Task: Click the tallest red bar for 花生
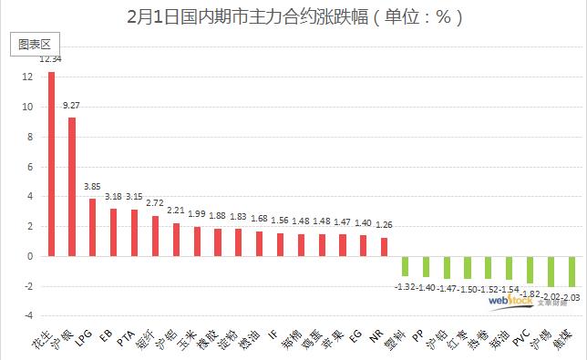pyautogui.click(x=51, y=164)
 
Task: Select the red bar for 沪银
pyautogui.click(x=72, y=187)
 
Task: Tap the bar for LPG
pyautogui.click(x=92, y=227)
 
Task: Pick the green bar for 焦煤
pyautogui.click(x=572, y=272)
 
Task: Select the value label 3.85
pyautogui.click(x=92, y=187)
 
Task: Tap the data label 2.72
pyautogui.click(x=155, y=204)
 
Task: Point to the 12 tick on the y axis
pyautogui.click(x=27, y=77)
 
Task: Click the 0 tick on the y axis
pyautogui.click(x=30, y=256)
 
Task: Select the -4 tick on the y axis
pyautogui.click(x=27, y=316)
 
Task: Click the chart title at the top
pyautogui.click(x=293, y=16)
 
